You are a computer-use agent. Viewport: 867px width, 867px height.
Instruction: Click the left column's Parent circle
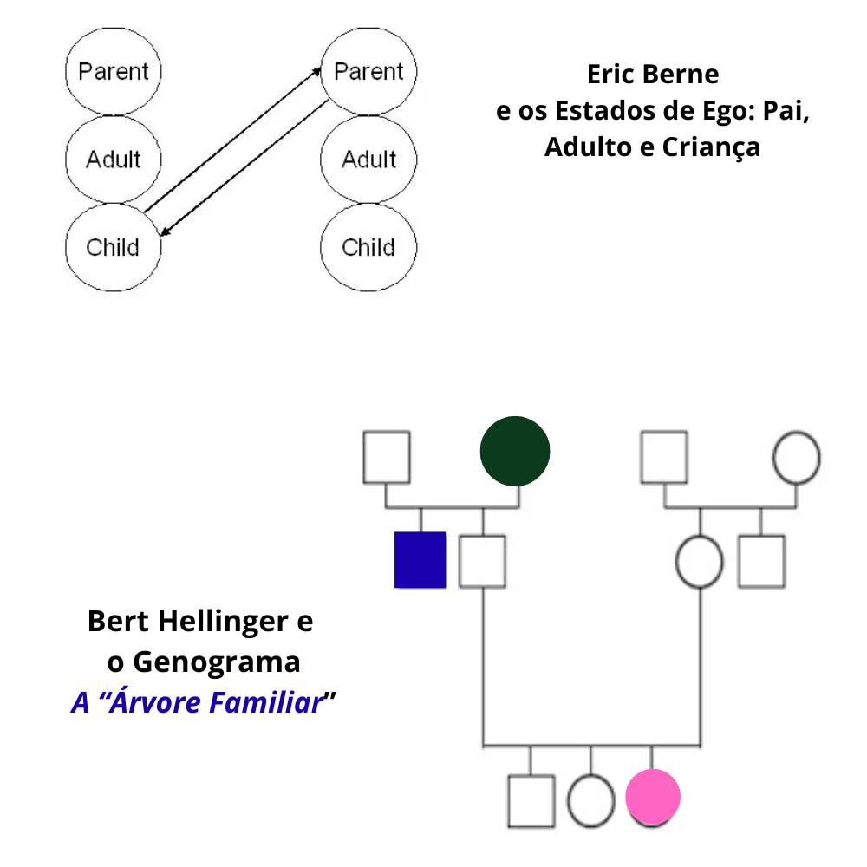(x=113, y=71)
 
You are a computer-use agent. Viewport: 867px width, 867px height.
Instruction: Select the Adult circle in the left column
(x=113, y=159)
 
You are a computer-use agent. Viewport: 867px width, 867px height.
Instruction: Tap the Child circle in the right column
(x=368, y=247)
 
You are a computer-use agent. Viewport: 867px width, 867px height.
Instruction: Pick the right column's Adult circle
(x=368, y=159)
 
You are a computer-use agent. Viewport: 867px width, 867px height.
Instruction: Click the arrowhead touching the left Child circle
(x=163, y=234)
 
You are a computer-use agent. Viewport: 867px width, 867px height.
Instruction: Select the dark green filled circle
(x=515, y=450)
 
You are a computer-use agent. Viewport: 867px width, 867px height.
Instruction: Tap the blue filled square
(x=420, y=560)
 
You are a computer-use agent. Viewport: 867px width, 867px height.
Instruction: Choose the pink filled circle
(x=653, y=797)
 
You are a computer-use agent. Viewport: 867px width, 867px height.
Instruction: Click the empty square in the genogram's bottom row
(x=531, y=799)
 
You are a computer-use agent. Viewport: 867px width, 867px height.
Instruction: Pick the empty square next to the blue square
(x=482, y=561)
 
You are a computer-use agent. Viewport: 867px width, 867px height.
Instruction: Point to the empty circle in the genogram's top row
(x=796, y=457)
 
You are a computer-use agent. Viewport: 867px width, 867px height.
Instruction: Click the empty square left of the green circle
(x=386, y=457)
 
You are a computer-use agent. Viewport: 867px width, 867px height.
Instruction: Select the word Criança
(x=711, y=147)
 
